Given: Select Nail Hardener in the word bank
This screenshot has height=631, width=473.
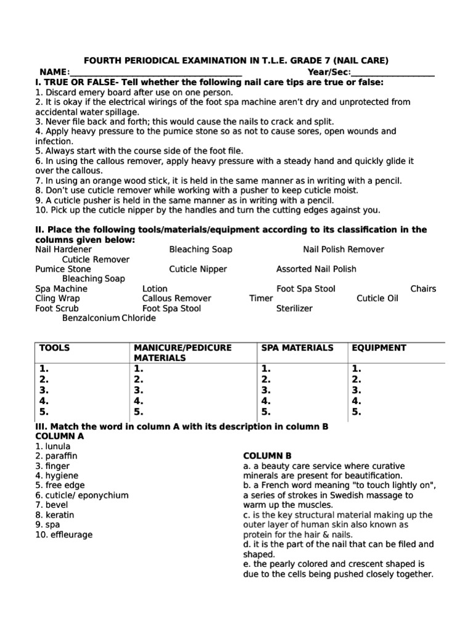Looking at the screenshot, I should [63, 250].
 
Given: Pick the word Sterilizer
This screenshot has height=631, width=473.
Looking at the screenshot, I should [294, 309].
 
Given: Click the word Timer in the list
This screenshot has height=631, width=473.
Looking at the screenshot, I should [261, 299].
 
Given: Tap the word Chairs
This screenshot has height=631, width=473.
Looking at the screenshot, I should [423, 289].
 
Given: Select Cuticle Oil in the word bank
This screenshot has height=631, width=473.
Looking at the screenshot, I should [378, 299].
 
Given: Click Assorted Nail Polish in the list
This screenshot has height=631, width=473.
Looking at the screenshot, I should [316, 269].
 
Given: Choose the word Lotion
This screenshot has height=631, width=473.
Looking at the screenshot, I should [155, 289].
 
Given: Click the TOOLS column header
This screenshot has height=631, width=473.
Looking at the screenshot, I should [55, 348].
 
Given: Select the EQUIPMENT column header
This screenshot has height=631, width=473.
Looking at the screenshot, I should [379, 348].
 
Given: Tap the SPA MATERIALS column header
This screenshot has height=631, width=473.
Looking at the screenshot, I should [297, 348].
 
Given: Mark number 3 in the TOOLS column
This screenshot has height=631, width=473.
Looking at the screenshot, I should [44, 391].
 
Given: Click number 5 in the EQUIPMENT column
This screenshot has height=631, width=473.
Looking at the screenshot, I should [356, 412].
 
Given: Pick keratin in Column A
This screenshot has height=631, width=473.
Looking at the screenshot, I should [55, 515].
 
